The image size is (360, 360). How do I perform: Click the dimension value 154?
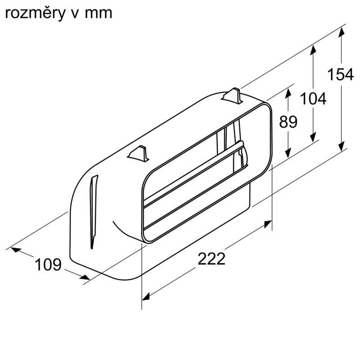point(340,75)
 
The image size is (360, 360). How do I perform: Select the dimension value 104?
point(313,99)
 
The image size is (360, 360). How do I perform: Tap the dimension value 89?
point(288,121)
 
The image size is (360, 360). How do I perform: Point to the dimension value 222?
point(211,259)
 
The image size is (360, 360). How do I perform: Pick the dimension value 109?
point(48,265)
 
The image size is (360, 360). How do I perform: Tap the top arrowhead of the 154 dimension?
point(342,32)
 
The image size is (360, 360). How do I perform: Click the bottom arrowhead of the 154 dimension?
point(342,146)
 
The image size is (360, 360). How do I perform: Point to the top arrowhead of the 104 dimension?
point(313,50)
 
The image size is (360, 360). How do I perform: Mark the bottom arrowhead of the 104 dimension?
point(313,137)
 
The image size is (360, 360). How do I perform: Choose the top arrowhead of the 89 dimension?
point(288,93)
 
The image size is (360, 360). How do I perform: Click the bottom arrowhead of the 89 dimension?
point(288,153)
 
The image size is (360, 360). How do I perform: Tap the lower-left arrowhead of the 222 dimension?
point(146,297)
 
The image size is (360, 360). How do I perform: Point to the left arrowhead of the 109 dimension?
point(16,250)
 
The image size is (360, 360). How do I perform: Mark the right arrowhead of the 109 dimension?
point(85,277)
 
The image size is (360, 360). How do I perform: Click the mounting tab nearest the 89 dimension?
point(232,95)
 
